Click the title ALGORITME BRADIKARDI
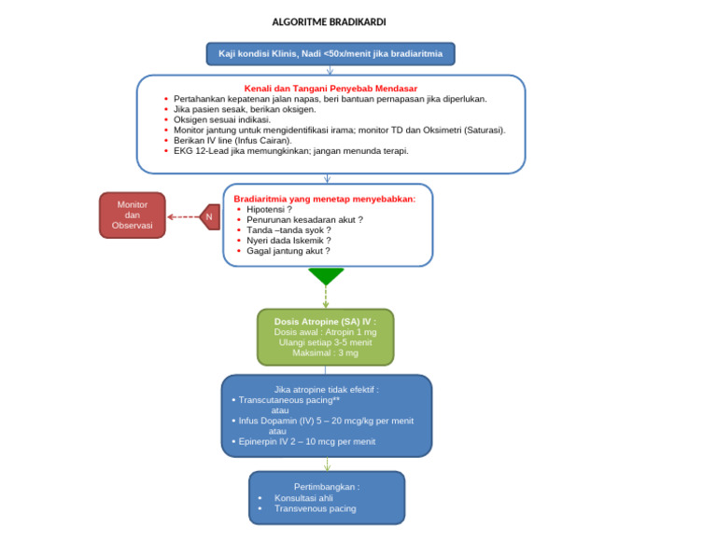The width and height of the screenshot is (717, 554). point(329,22)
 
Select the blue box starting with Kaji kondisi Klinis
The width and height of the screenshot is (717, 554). point(330,54)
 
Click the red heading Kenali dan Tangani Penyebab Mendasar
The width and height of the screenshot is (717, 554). point(330,89)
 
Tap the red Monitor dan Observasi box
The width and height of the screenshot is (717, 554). point(133,215)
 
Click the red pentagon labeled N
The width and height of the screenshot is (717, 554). point(209,217)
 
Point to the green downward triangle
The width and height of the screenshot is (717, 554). point(326,276)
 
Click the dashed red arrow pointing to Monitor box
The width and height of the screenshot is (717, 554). point(183,217)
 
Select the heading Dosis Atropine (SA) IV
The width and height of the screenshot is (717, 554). point(325,322)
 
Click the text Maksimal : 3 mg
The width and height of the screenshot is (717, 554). point(325,353)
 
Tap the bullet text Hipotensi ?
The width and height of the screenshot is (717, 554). point(269,209)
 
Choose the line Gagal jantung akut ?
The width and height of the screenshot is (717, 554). point(288,251)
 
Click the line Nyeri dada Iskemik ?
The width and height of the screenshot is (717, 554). point(288,241)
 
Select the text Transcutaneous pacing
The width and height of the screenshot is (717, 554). point(286,400)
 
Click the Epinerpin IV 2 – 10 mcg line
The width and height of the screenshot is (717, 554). point(307,442)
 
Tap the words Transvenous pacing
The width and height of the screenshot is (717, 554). point(315,508)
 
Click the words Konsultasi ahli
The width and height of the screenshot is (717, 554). point(303,498)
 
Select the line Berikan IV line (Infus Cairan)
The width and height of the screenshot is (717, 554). point(232,140)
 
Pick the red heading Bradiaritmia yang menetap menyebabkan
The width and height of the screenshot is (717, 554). point(325,199)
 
